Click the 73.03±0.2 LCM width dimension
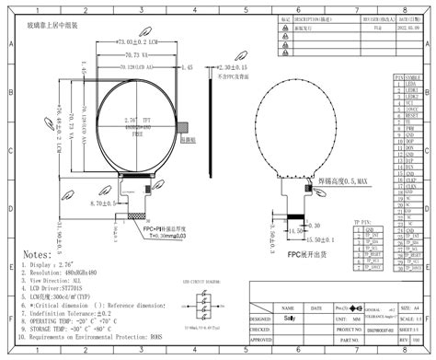[133, 42]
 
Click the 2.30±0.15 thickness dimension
[231, 68]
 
